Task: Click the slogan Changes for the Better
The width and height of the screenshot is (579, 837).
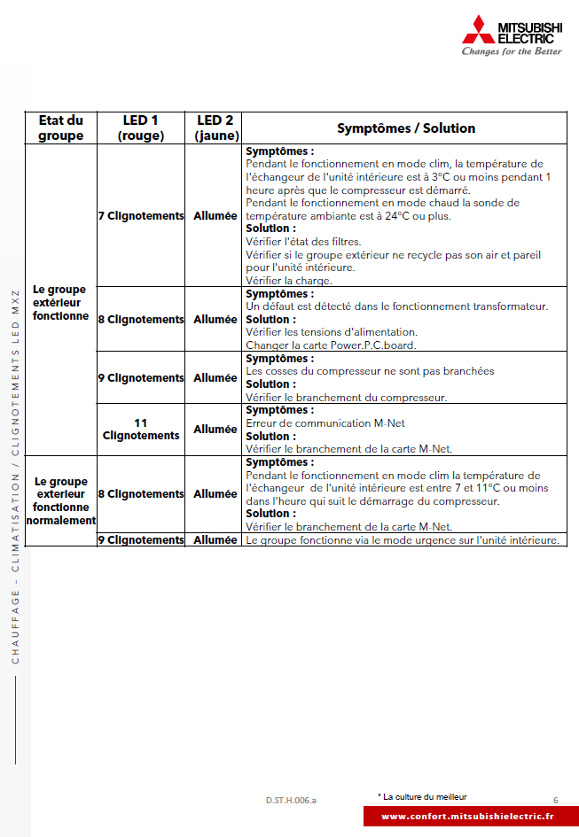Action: coord(512,51)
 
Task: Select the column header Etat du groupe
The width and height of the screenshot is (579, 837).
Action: coord(60,128)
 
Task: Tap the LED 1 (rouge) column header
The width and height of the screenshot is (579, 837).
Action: coord(141,128)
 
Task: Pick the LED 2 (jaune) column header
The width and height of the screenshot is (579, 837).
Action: coord(215,128)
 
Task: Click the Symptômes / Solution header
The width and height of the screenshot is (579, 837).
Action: coord(405,128)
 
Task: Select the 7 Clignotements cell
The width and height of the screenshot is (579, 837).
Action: coord(141,215)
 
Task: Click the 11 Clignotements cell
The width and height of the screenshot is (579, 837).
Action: coord(141,429)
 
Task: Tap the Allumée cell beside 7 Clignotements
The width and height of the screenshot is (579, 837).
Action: coord(215,215)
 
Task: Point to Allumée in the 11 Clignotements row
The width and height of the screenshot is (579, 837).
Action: coord(215,429)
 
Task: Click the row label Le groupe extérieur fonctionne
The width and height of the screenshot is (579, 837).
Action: coord(60,302)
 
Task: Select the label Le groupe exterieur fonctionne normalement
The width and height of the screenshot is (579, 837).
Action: coord(60,501)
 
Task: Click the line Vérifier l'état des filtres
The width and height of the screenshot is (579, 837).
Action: coord(303,242)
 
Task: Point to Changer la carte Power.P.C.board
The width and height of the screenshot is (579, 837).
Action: coord(331,345)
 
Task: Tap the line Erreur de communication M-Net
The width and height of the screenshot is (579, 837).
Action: coord(325,423)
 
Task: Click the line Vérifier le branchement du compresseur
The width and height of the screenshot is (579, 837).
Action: coord(346,398)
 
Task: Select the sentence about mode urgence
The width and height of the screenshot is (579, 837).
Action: coord(403,539)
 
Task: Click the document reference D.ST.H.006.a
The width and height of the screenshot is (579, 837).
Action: coord(291,800)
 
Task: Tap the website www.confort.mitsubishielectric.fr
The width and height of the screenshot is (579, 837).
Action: coord(467,816)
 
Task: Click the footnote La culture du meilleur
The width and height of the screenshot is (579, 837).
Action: coord(423,796)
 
